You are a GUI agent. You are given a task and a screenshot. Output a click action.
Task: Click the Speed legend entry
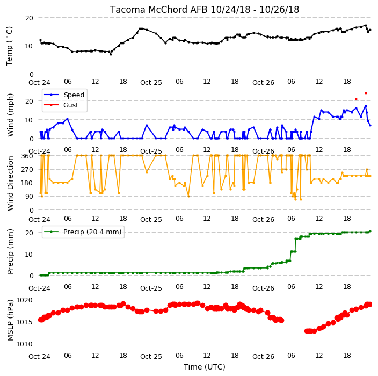(x=64, y=95)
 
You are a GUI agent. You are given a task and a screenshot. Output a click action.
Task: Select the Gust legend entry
(x=61, y=105)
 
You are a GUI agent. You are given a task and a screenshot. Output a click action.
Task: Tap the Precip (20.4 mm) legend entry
(x=83, y=232)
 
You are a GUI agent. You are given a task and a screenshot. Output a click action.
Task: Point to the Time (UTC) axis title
(x=205, y=367)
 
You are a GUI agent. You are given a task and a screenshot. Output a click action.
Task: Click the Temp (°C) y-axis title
(x=9, y=46)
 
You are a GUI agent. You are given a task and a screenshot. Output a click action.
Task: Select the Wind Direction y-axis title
(x=10, y=184)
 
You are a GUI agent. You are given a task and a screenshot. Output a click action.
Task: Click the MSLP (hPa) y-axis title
(x=10, y=320)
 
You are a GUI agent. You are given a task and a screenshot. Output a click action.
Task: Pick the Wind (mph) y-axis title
(x=10, y=115)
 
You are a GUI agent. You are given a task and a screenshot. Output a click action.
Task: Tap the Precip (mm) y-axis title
(x=10, y=251)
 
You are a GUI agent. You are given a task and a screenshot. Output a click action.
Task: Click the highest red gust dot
(x=366, y=93)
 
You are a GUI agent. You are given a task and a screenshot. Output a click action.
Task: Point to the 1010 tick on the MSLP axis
(x=24, y=344)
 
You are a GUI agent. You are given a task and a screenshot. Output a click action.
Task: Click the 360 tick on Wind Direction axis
(x=27, y=156)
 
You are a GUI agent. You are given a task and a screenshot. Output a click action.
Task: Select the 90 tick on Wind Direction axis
(x=29, y=197)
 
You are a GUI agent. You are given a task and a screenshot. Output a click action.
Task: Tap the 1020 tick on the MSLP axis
(x=24, y=300)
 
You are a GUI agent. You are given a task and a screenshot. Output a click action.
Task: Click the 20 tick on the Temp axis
(x=29, y=18)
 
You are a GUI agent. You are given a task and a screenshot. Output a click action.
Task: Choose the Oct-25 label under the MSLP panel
(x=151, y=357)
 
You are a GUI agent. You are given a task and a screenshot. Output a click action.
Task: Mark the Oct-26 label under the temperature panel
(x=263, y=83)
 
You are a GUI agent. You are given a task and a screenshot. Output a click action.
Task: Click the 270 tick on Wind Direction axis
(x=27, y=170)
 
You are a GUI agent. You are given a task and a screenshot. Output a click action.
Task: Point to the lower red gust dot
(x=356, y=99)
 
